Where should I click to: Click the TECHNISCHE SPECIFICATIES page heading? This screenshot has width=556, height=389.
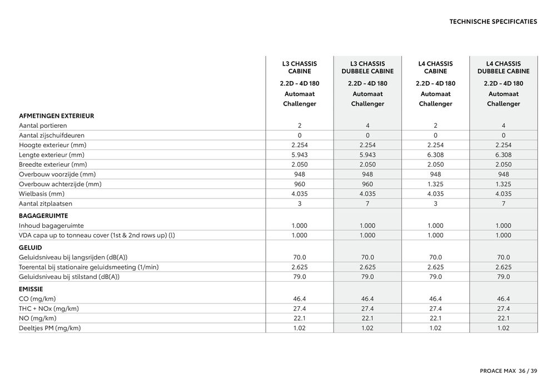coord(493,22)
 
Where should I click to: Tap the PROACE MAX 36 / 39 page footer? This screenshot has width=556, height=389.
coord(501,371)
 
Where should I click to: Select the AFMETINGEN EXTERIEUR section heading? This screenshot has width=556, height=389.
coord(56,116)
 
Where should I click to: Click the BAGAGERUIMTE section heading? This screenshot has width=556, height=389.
coord(43,215)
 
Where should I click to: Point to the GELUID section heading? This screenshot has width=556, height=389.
coord(31,247)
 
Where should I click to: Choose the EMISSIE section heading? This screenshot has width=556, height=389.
coord(31,289)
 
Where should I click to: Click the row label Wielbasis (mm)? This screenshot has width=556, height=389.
coord(42,194)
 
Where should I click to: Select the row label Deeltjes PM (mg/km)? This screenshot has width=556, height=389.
coord(50,328)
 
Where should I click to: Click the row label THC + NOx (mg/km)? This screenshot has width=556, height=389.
coord(48,308)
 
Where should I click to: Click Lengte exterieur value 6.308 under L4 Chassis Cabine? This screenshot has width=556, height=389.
coord(435,154)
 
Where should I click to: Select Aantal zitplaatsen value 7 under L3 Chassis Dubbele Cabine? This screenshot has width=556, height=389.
coord(368,203)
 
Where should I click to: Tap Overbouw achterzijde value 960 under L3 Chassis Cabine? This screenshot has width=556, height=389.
coord(300,184)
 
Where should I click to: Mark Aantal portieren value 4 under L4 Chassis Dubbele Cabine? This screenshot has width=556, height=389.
coord(503,126)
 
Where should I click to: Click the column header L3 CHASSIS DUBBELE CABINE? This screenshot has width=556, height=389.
coord(368,67)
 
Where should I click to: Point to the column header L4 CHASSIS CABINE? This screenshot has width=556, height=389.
coord(435,67)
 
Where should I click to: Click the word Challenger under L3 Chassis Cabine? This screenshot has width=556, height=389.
coord(300,104)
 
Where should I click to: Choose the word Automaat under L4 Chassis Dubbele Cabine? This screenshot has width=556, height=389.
coord(503,94)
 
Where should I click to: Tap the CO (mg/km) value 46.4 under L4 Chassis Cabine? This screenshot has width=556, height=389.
coord(435,298)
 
